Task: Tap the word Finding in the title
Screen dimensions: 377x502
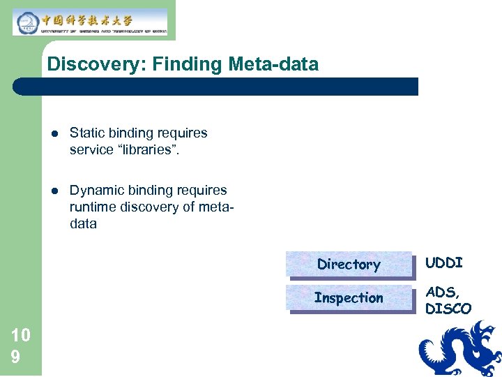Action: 177,65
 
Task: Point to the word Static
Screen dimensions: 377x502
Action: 86,133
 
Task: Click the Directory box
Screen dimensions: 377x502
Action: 349,265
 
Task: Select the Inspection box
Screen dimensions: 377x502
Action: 349,298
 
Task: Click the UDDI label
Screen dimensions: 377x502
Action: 443,263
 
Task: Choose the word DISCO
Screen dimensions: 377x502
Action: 448,309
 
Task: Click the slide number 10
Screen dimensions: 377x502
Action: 21,335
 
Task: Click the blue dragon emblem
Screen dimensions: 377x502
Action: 459,348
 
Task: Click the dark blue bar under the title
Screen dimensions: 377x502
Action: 216,87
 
